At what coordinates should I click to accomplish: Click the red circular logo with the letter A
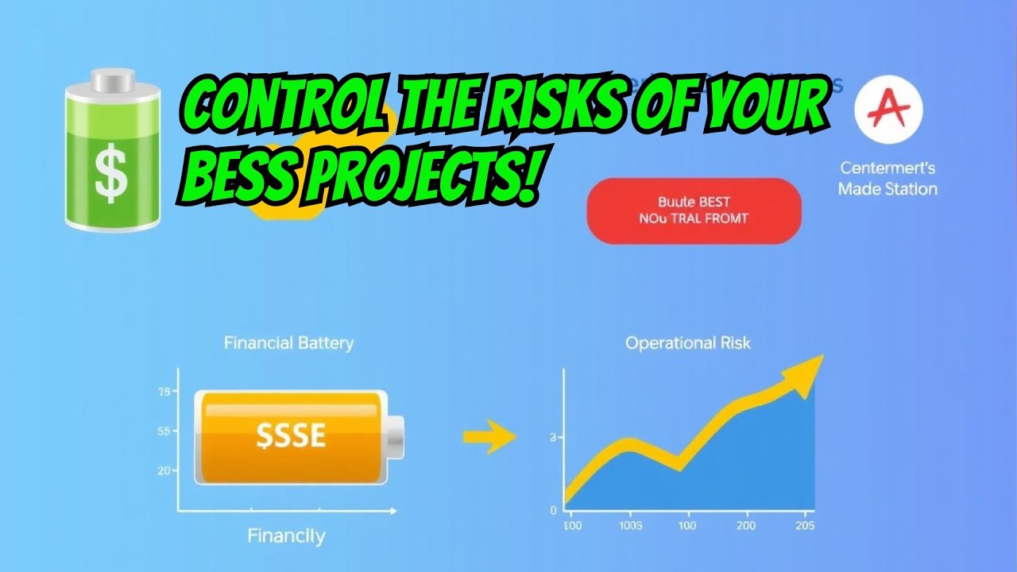pos(888,110)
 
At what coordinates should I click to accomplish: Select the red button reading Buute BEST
pos(694,211)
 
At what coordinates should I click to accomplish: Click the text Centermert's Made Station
pos(887,179)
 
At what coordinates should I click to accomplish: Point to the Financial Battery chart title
pos(288,343)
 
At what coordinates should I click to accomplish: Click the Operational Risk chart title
pos(687,343)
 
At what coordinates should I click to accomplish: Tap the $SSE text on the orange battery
pos(290,435)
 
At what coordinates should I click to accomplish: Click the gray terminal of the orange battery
pos(396,436)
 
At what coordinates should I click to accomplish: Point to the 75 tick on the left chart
pos(164,392)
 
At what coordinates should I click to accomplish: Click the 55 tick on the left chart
pos(164,431)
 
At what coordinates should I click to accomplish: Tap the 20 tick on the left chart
pos(164,470)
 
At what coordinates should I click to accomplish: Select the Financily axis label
pos(286,535)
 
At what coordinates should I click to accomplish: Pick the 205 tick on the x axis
pos(804,526)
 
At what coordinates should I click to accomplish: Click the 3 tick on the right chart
pos(552,438)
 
